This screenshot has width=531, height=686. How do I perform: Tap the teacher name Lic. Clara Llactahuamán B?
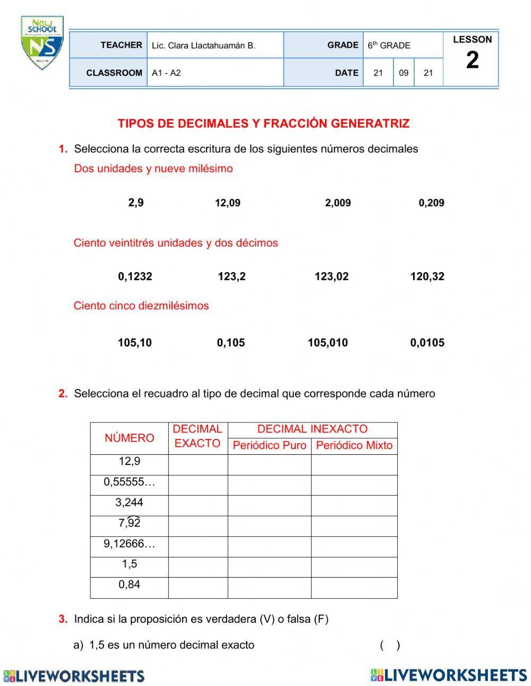click(x=203, y=46)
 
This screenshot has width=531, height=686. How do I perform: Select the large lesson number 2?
click(x=472, y=61)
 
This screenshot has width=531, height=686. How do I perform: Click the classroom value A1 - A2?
click(x=166, y=73)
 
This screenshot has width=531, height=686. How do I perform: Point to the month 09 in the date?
click(x=404, y=73)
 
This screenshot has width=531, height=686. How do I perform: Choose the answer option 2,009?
click(x=338, y=202)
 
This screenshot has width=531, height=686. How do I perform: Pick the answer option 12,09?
click(x=227, y=202)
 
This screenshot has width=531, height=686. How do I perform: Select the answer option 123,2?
click(x=232, y=276)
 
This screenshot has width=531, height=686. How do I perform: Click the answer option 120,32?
click(x=427, y=276)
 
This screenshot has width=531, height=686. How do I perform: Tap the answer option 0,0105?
click(x=427, y=343)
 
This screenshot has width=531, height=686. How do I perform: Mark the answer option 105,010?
click(x=328, y=343)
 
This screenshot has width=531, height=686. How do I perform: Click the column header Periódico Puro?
click(x=269, y=446)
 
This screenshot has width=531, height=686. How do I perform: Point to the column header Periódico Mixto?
click(x=354, y=446)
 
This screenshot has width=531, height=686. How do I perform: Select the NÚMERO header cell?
click(x=130, y=438)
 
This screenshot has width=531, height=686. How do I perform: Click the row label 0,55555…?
click(x=130, y=482)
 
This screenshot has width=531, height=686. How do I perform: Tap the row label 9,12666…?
click(x=130, y=544)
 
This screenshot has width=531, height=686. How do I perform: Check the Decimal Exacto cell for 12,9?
click(x=198, y=465)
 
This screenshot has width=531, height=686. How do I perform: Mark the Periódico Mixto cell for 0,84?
click(x=354, y=588)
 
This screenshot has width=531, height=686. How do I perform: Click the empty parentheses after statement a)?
click(x=390, y=646)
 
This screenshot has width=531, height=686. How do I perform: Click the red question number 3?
click(x=63, y=619)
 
